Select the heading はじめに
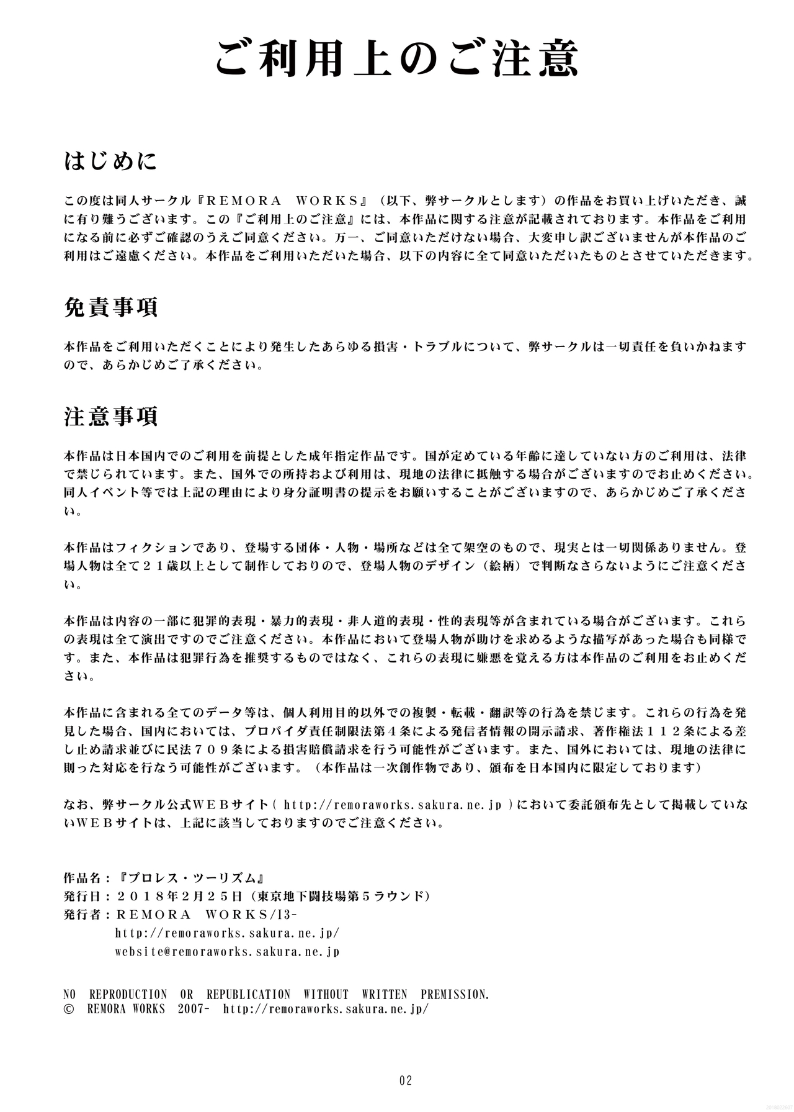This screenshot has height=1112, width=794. coord(110,161)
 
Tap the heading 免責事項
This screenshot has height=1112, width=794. coord(110,307)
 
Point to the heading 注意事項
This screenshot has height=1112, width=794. coord(110,417)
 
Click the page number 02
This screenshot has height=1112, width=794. coord(406,1080)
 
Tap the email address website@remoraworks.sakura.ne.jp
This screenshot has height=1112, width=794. coord(227,951)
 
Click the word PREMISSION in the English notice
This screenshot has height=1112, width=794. coord(455,994)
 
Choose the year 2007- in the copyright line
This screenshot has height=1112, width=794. coord(194,1009)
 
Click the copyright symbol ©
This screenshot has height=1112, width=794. coord(68,1009)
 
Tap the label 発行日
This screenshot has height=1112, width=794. coord(81,896)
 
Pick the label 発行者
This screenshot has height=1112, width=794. coord(81,915)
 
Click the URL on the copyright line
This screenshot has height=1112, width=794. coord(325,1009)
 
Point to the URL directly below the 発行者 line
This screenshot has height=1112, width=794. coord(227,933)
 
